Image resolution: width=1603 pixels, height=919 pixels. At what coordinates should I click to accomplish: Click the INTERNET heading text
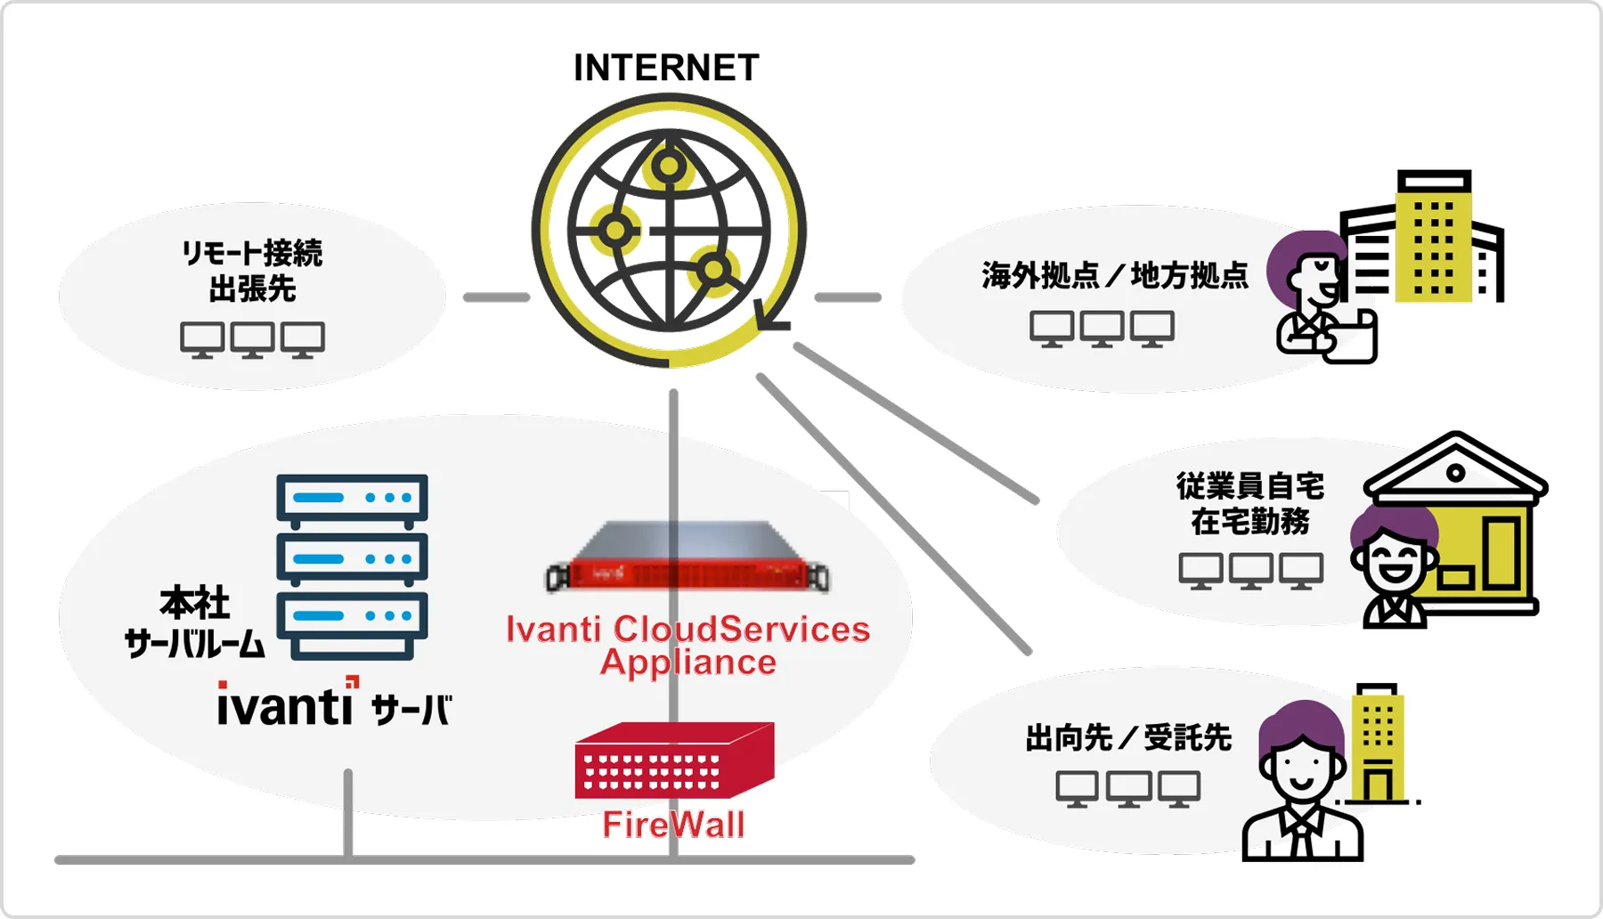666,68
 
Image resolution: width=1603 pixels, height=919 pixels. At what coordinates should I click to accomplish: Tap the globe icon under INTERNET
668,231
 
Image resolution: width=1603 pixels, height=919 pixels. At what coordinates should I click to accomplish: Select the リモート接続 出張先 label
252,271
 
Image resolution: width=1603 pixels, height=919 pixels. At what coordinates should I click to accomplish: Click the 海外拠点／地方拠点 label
1115,275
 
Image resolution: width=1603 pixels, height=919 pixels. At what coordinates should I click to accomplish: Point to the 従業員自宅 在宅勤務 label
1250,503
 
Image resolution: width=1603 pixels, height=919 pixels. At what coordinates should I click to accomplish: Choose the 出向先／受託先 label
1128,738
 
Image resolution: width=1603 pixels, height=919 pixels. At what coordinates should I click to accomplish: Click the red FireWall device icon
674,760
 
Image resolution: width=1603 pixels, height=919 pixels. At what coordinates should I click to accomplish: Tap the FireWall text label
673,825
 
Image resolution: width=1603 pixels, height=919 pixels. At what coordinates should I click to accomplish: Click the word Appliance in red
688,663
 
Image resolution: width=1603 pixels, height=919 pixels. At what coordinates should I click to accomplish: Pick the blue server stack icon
352,566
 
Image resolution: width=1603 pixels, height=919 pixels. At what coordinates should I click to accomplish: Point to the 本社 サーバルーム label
194,622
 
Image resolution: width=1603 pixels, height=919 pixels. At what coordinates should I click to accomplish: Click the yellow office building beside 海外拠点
1432,239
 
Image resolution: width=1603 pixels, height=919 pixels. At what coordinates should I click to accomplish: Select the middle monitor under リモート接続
252,339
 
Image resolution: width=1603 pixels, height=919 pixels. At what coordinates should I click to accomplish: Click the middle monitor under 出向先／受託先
1128,789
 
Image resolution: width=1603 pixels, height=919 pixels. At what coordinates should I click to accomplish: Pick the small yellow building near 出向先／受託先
1377,744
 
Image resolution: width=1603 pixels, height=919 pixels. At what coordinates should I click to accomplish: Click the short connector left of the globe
496,297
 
